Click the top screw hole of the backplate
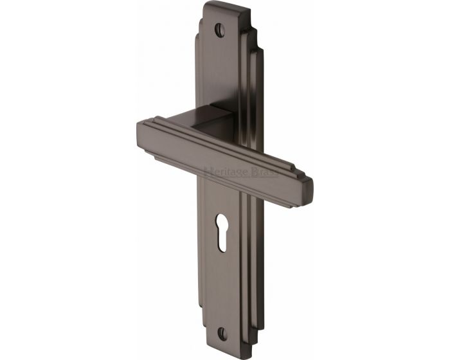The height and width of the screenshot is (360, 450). [222, 30]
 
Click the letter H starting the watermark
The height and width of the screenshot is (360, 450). [208, 171]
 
